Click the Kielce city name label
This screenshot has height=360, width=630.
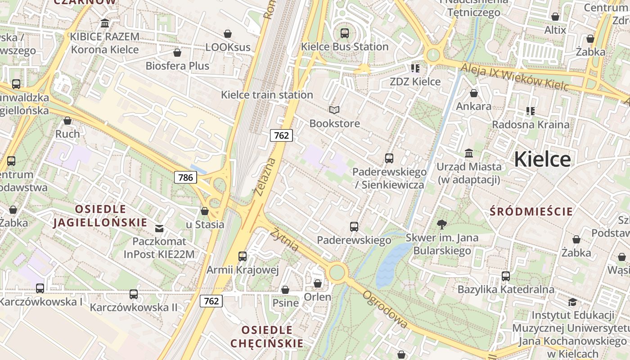point(542,159)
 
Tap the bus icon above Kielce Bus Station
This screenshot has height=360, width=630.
point(345,33)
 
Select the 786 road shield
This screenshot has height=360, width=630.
point(185,177)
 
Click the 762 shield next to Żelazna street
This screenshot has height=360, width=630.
point(281,135)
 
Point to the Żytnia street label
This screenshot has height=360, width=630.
point(284,239)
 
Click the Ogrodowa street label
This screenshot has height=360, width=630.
point(386,309)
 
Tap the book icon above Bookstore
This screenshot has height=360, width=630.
point(334,110)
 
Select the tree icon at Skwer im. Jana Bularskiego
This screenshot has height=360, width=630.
point(442,224)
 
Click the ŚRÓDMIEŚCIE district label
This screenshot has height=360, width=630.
point(531,211)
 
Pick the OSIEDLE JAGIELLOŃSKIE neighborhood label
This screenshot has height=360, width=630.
point(100,216)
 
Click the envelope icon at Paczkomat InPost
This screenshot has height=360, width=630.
point(159,229)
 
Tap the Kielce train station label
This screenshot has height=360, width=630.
point(267,95)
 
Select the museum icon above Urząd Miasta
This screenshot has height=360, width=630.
point(469,153)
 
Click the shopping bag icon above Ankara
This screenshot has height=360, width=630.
point(473,93)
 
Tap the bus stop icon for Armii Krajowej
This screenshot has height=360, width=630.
point(243,256)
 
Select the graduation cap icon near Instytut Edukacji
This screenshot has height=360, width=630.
point(572,302)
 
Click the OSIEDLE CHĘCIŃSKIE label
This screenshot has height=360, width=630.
point(267,337)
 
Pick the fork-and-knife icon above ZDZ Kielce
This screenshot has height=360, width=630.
point(415,68)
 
